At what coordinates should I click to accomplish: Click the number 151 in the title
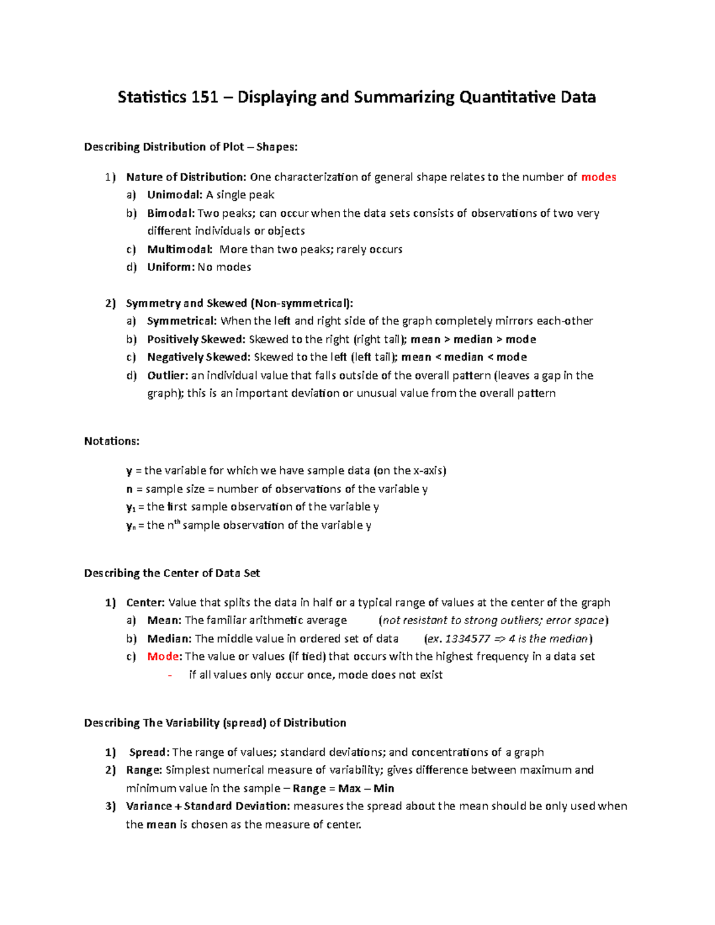click(204, 97)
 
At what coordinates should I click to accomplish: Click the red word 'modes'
click(598, 177)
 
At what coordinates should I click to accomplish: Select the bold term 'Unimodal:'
click(175, 195)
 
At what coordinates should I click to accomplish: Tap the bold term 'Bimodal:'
click(171, 213)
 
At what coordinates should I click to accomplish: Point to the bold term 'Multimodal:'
click(180, 249)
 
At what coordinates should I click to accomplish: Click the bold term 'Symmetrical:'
click(182, 321)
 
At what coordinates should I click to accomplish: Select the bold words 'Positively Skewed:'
click(196, 340)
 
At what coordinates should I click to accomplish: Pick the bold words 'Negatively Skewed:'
click(199, 357)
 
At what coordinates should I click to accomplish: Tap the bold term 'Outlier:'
click(167, 375)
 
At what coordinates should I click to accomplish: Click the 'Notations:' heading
click(112, 441)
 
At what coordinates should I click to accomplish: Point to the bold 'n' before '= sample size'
click(129, 489)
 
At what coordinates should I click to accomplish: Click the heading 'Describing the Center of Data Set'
click(172, 573)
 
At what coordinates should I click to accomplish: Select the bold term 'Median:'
click(169, 639)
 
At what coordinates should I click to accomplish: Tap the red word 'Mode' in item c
click(163, 656)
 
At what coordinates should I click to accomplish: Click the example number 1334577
click(468, 639)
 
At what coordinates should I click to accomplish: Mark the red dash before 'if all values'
click(170, 675)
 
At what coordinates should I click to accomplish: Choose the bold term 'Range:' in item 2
click(144, 770)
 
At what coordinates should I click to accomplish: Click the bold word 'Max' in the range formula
click(350, 789)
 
